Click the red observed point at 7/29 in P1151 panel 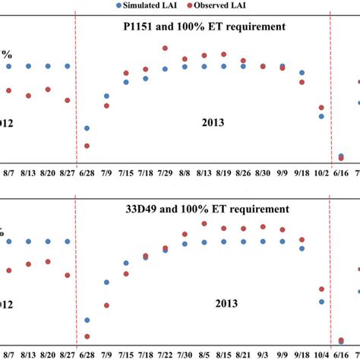[x=165, y=49]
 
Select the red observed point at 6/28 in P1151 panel [x=87, y=146]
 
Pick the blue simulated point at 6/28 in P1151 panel [x=87, y=128]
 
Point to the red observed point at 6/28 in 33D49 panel [x=87, y=336]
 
